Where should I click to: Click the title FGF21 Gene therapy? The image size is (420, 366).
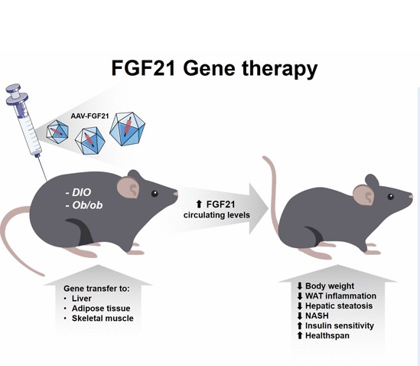point(214,68)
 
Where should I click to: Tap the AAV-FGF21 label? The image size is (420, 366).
point(90,116)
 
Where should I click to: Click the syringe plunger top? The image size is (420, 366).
point(14,88)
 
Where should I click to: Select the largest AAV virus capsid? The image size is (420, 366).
point(127,129)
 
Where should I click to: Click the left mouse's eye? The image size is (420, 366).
point(155,193)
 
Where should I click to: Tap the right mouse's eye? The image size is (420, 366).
point(390,197)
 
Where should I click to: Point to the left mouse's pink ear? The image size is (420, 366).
point(128,187)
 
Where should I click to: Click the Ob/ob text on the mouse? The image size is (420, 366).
point(84,205)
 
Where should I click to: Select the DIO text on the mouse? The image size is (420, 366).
point(78,192)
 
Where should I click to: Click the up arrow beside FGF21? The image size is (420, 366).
point(199,204)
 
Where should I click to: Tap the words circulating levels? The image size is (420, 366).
point(217,215)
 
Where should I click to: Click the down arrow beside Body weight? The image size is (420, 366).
point(300,286)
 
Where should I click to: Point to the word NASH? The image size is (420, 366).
point(317,315)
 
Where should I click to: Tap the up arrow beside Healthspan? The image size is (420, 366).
point(300,335)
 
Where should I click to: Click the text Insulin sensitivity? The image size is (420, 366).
point(340,325)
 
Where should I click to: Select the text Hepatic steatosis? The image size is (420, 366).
point(339,306)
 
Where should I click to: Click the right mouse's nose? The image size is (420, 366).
point(411,197)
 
